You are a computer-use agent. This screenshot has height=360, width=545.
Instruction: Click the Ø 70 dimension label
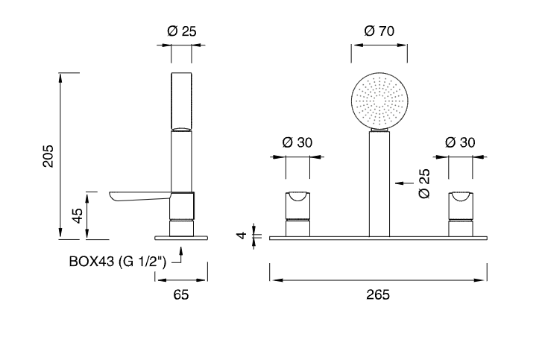[379, 31]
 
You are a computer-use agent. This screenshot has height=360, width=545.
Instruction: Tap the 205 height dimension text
[48, 156]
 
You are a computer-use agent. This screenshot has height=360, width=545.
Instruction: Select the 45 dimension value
[77, 215]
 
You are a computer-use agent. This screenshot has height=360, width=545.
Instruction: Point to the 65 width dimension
[181, 294]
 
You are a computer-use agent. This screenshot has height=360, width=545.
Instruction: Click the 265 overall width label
[378, 294]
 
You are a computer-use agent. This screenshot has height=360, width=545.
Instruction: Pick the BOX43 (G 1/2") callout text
[118, 262]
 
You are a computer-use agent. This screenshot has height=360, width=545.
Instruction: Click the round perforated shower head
[379, 101]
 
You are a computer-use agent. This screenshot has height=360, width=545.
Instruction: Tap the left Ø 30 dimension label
[297, 142]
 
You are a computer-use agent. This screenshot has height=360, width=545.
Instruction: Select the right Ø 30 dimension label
[460, 142]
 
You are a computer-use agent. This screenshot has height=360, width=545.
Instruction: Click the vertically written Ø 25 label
[424, 184]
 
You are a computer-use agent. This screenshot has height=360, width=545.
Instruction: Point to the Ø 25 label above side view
[182, 31]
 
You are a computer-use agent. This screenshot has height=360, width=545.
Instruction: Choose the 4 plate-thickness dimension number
[242, 236]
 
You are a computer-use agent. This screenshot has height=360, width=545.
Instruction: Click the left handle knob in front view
[297, 206]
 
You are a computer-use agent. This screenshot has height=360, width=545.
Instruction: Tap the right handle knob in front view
[461, 206]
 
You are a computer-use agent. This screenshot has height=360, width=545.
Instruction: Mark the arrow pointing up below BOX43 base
[180, 255]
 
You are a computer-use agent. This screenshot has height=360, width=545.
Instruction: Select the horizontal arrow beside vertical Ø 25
[404, 183]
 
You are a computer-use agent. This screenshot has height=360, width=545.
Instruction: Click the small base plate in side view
[181, 238]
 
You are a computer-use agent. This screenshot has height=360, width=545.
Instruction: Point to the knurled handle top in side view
[181, 101]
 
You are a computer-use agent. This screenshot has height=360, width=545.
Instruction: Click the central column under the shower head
[379, 184]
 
